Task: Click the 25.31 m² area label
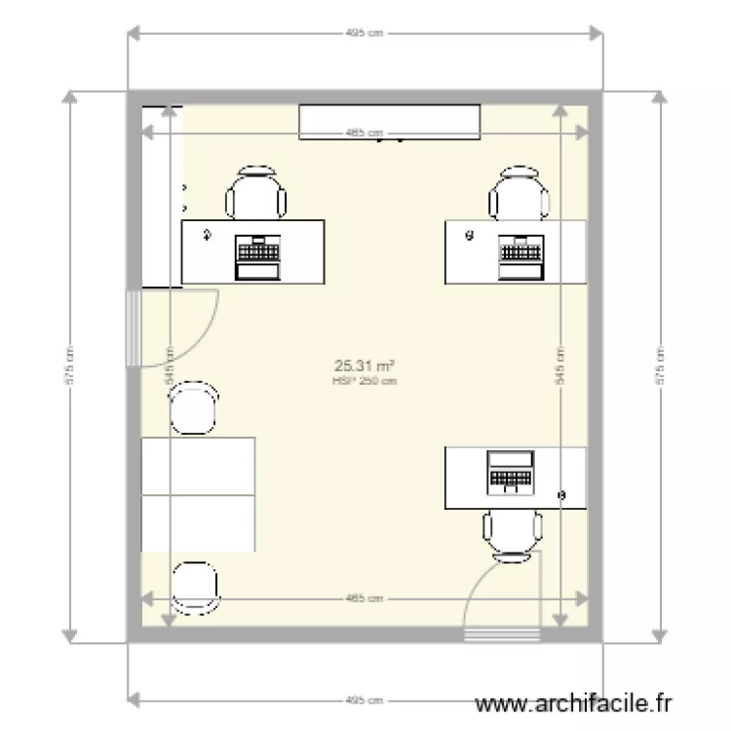click(x=365, y=366)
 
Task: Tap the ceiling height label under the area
click(x=365, y=381)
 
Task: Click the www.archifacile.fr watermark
click(x=573, y=703)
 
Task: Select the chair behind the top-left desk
click(x=256, y=194)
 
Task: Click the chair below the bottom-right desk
click(x=513, y=535)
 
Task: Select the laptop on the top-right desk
click(x=520, y=255)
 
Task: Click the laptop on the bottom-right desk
click(x=512, y=472)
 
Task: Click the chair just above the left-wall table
click(x=193, y=408)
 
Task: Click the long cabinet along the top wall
click(x=390, y=122)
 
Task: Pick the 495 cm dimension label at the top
click(x=365, y=33)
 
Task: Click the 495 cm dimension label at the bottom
click(x=365, y=700)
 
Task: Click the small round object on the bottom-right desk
click(x=561, y=495)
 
